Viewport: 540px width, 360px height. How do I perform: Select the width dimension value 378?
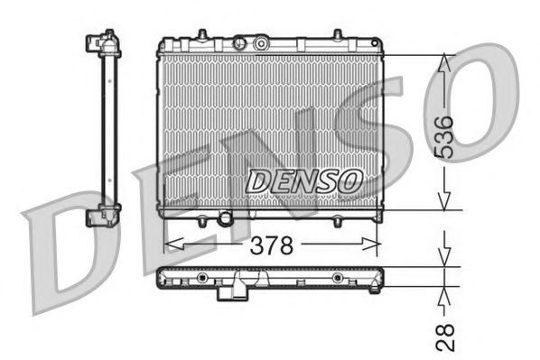(270, 245)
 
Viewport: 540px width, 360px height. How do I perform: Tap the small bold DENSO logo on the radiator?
(290, 180)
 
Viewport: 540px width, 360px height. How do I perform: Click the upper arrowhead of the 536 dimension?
(442, 61)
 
